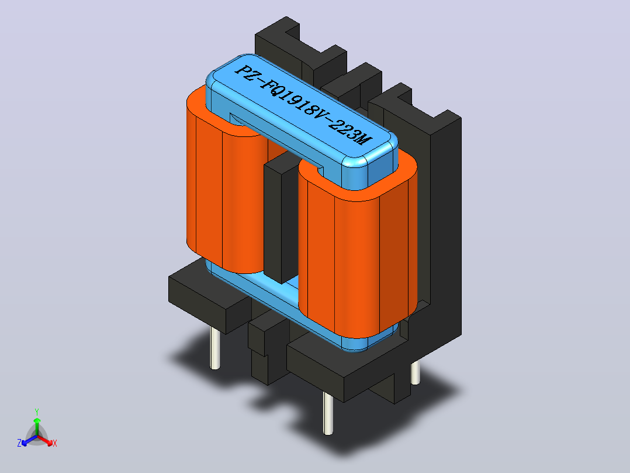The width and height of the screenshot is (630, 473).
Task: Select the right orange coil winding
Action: tap(358, 245)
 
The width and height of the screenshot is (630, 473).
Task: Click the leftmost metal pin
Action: tap(215, 348)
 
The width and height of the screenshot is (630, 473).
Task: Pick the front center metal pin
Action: tap(328, 413)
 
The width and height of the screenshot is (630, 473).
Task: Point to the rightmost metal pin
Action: tap(416, 373)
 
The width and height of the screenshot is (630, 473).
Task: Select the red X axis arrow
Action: tap(46, 440)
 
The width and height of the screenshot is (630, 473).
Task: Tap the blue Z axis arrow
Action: tap(29, 440)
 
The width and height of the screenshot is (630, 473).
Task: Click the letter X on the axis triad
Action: tap(55, 443)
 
